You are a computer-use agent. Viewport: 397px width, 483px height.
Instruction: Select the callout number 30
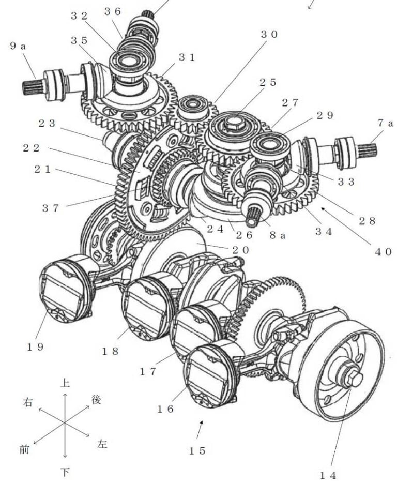coord(269,35)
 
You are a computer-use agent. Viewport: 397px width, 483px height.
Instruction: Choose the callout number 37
coord(53,208)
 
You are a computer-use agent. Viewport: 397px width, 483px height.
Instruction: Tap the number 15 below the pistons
coord(196,450)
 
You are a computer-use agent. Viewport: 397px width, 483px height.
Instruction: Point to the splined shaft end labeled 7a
coord(368,150)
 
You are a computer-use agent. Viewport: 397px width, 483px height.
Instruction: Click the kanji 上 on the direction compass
coord(64,384)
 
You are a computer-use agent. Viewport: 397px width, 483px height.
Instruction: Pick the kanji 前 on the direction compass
coord(24,449)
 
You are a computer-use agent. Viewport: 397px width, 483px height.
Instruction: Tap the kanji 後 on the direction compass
coord(96,399)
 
